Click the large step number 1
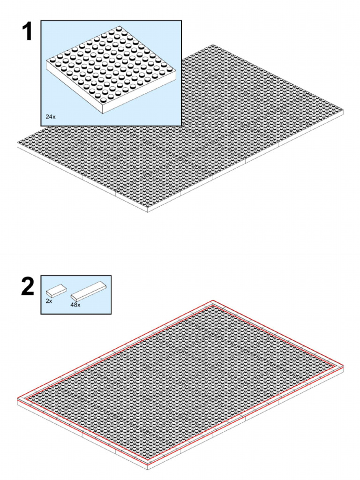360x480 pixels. [27, 32]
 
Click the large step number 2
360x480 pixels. [28, 286]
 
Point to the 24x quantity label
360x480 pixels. [51, 117]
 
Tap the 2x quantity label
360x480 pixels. [49, 301]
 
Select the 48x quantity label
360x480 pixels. [75, 305]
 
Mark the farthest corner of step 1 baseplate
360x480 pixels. [213, 45]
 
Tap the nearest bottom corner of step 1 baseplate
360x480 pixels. [148, 212]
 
